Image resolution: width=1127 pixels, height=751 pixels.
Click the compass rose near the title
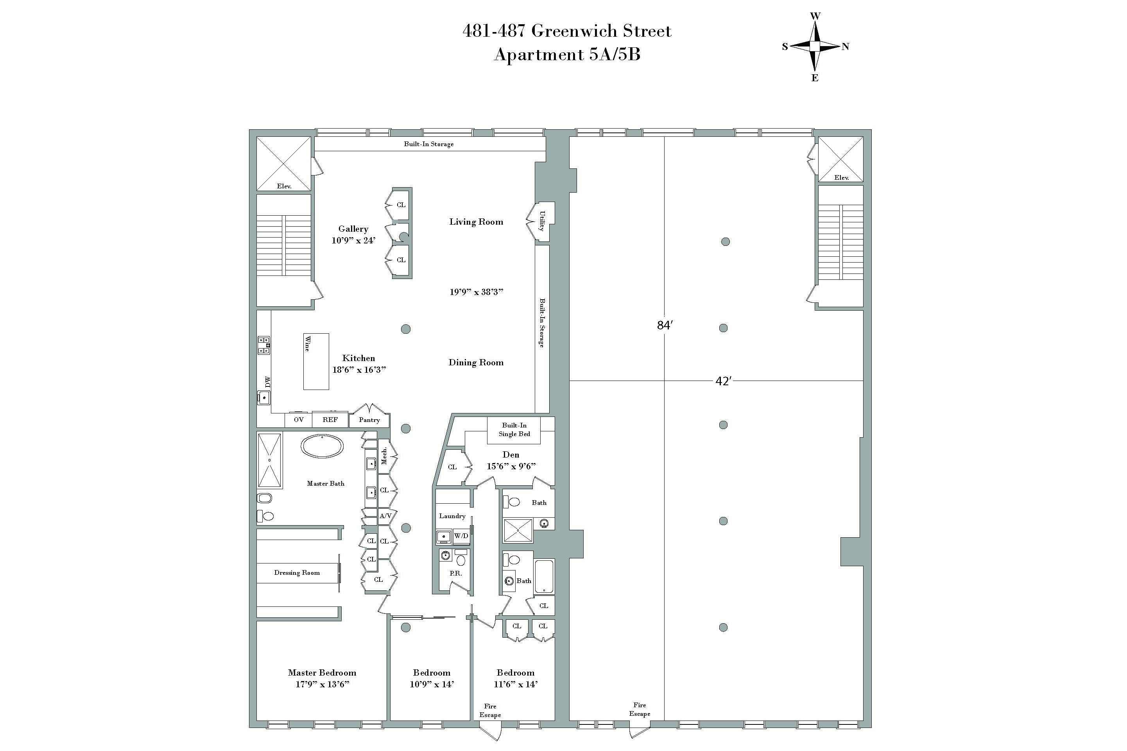(x=815, y=46)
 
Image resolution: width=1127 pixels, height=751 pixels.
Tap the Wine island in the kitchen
(x=316, y=361)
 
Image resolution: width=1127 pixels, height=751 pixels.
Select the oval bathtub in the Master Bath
(x=322, y=447)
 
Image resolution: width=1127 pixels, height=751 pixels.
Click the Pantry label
(x=369, y=420)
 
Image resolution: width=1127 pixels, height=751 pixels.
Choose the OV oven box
(x=299, y=420)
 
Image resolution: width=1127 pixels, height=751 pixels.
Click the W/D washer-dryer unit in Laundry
(x=461, y=536)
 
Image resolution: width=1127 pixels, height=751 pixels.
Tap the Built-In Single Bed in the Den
(x=514, y=430)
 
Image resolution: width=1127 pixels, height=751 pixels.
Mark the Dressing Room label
(x=297, y=573)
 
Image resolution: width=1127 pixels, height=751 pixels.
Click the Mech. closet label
(x=384, y=456)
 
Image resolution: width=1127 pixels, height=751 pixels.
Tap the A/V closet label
(x=385, y=516)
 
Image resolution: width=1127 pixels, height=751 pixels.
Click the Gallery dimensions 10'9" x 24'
(x=353, y=240)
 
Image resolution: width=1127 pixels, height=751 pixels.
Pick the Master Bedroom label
(x=322, y=673)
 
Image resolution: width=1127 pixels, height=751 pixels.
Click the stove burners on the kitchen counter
(x=264, y=345)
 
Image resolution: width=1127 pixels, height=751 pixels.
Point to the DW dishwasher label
(x=268, y=382)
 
